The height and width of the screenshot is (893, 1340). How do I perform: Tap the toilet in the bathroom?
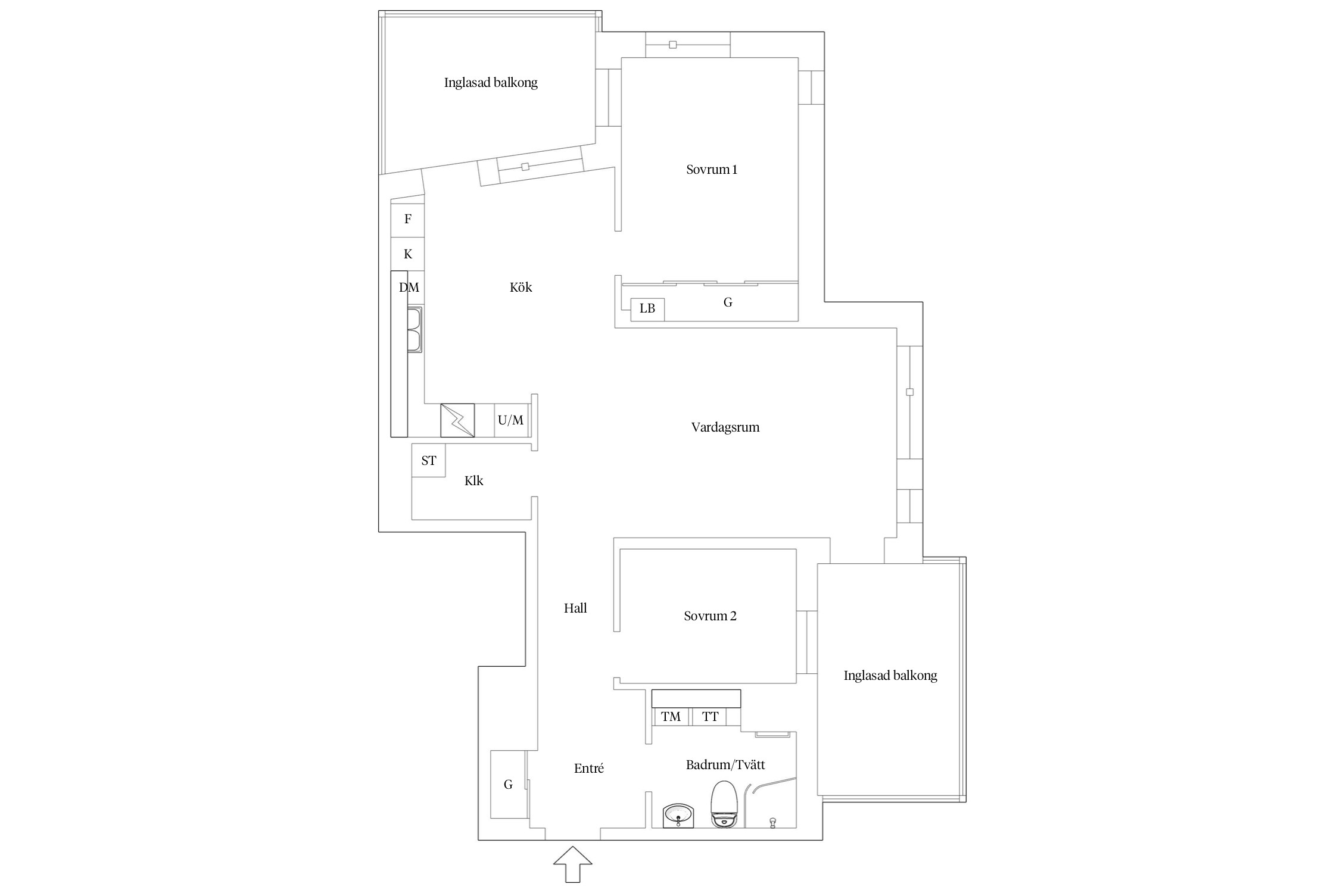724,804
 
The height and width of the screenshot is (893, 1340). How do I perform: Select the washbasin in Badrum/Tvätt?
678,815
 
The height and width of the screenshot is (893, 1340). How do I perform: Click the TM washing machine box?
671,717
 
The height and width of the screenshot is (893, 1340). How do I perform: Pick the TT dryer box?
709,717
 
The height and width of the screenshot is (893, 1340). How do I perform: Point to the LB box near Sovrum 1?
647,309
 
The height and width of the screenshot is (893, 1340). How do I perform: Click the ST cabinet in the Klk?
428,460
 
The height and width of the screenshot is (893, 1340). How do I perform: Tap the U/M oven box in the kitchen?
511,420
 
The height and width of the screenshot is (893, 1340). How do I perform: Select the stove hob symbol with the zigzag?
457,420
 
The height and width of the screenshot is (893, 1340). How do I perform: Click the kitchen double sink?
415,329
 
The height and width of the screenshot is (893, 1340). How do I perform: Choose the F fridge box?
408,219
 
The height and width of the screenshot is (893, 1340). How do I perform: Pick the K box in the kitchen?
408,254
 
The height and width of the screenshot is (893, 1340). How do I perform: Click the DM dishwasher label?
409,288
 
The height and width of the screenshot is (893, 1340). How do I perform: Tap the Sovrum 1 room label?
712,170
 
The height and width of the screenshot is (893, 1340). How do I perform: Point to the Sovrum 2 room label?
710,616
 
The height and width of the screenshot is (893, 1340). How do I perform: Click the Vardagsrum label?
725,427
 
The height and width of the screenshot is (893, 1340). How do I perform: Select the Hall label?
575,608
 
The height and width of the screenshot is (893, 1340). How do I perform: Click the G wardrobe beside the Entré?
508,784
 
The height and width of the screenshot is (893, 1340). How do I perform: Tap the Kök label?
521,287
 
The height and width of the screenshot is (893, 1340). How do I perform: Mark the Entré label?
589,769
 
